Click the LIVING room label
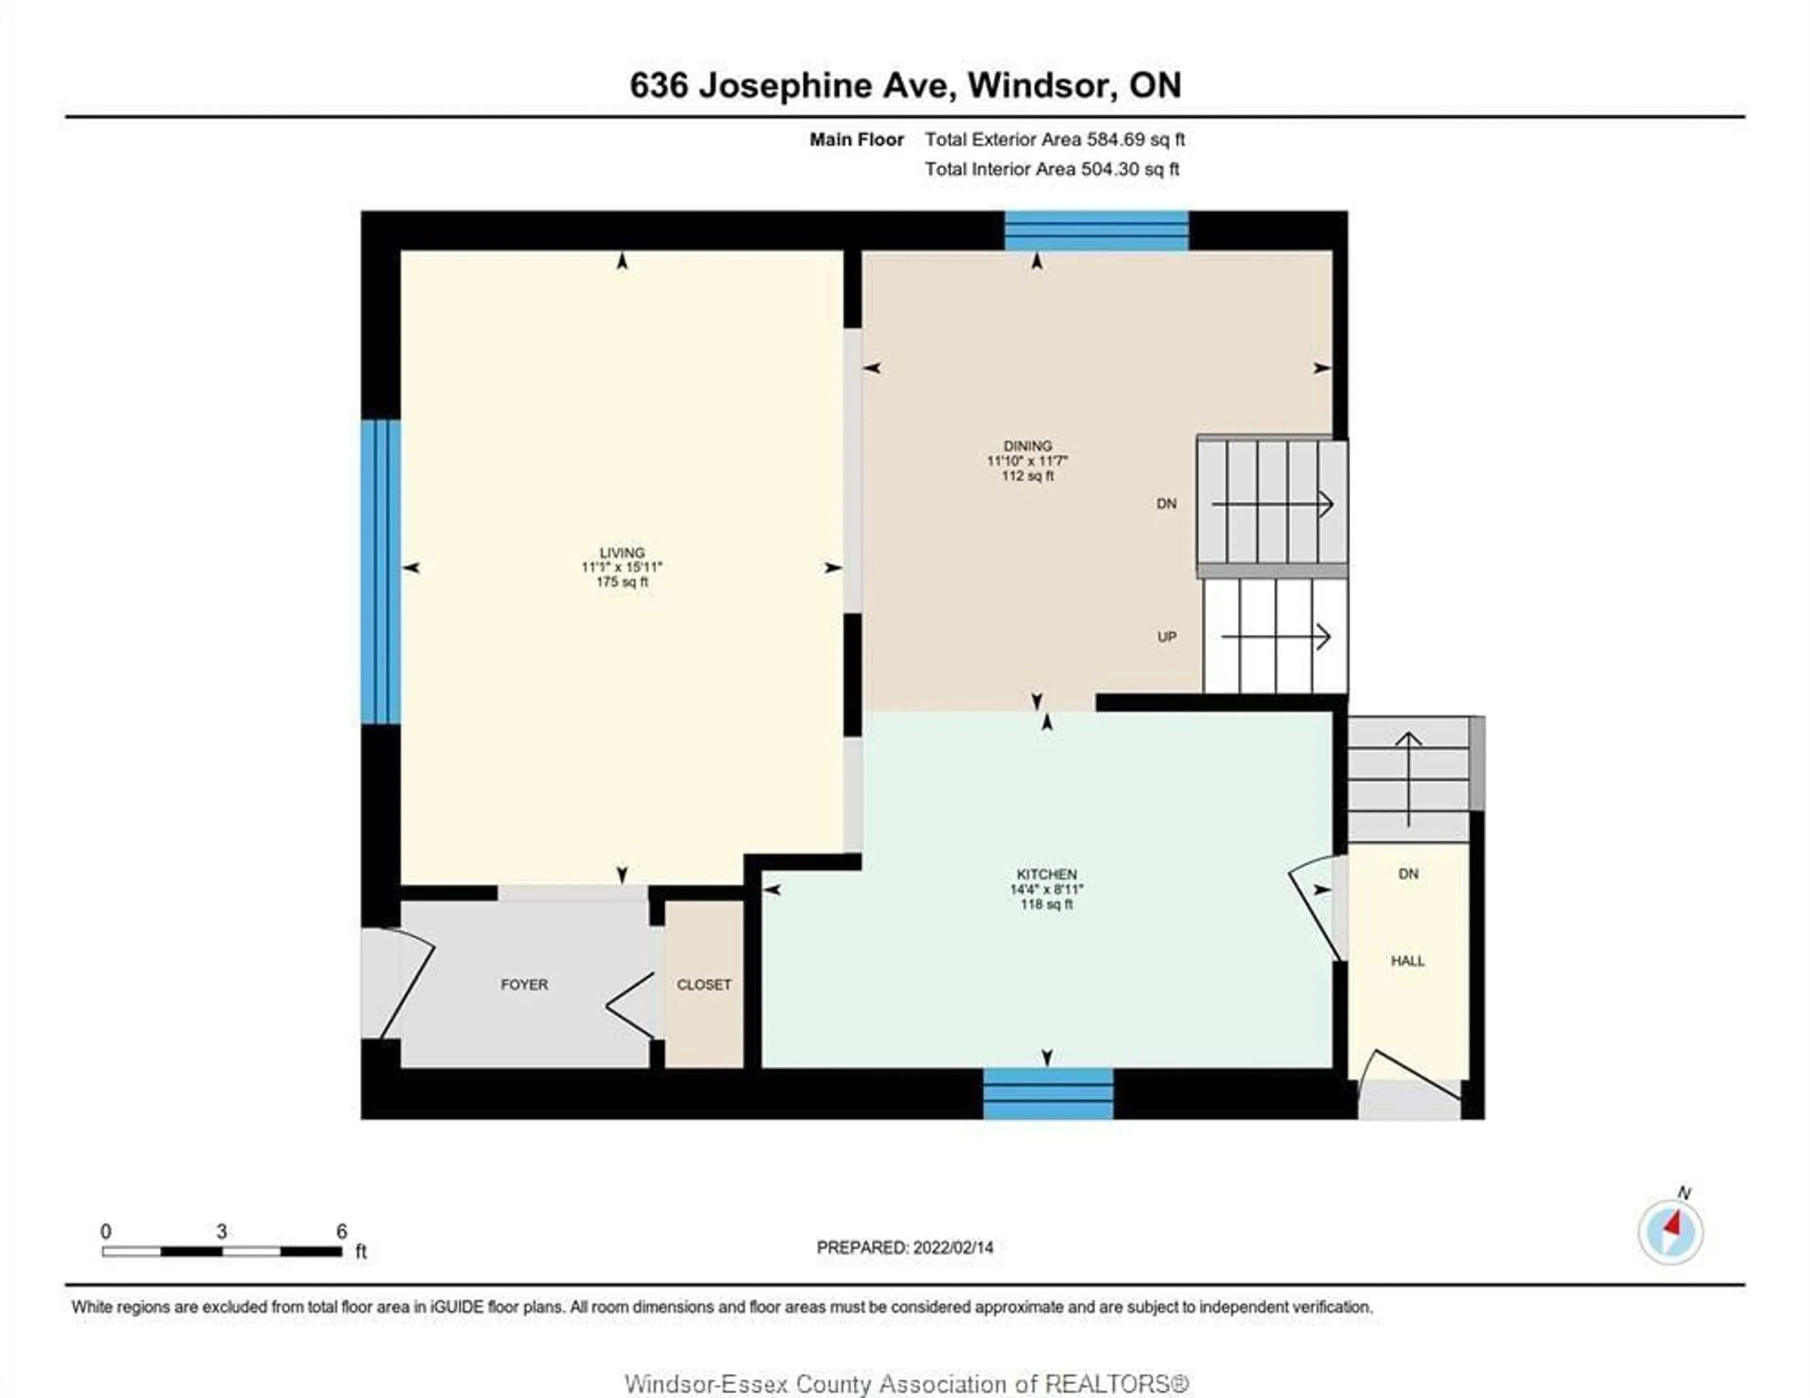[x=622, y=553]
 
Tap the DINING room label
[x=1028, y=446]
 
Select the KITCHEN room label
[x=1047, y=874]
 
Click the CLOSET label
[x=704, y=984]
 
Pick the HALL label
[x=1407, y=961]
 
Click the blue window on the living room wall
[x=380, y=572]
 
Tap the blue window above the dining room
[x=1096, y=231]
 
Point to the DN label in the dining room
[x=1166, y=504]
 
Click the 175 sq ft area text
[x=622, y=582]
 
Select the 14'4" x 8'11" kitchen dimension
[x=1047, y=889]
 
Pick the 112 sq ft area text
[x=1028, y=476]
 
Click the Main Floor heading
[x=856, y=139]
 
